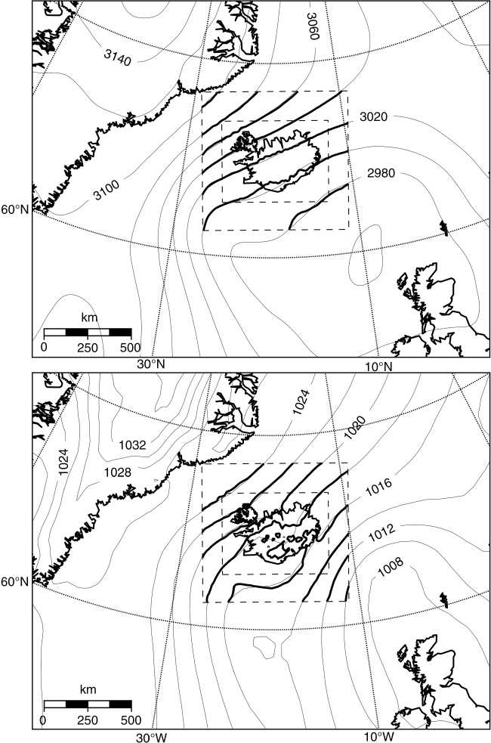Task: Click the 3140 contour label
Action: tap(117, 57)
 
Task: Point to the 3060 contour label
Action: tap(313, 26)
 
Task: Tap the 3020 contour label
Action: tap(374, 116)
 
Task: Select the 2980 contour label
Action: tap(381, 173)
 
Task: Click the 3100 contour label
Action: tap(106, 190)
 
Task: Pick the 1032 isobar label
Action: tap(132, 445)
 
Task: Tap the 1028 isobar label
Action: tap(117, 472)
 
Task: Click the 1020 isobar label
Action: tap(354, 428)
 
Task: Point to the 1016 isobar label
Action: tap(378, 488)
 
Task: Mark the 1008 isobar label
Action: tap(391, 567)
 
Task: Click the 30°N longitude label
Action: tap(151, 364)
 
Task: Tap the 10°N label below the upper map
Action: tap(378, 366)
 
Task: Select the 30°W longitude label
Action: tap(152, 737)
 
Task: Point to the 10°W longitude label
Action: tap(379, 737)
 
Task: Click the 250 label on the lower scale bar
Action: tap(88, 720)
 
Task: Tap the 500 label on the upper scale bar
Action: tap(130, 348)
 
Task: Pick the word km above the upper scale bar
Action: tap(89, 317)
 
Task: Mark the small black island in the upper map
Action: tap(444, 228)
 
